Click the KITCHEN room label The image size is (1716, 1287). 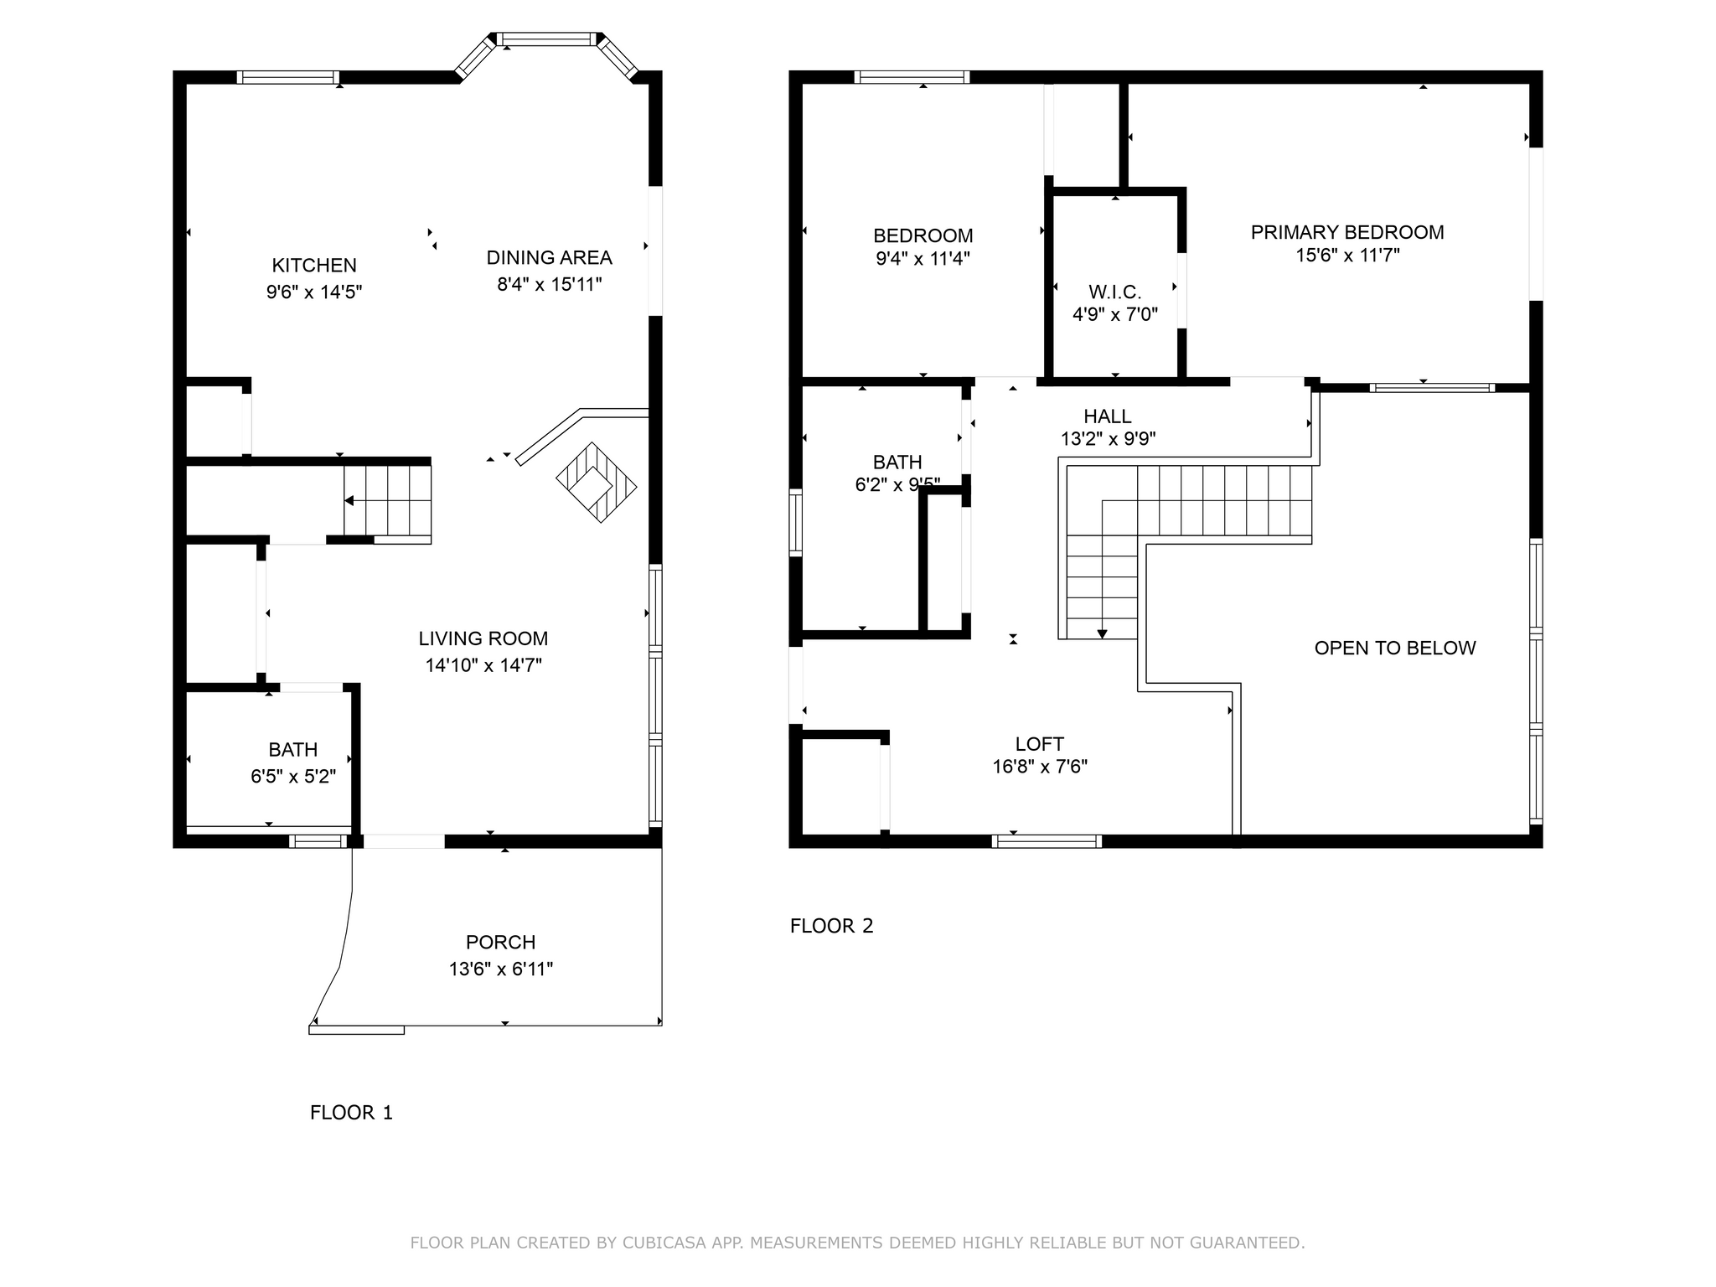[x=314, y=266]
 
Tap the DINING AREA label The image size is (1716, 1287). [x=549, y=257]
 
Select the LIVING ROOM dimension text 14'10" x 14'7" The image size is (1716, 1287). [x=483, y=665]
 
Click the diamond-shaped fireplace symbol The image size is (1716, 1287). [x=597, y=483]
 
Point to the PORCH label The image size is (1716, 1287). [x=501, y=943]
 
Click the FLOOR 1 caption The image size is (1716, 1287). [x=351, y=1113]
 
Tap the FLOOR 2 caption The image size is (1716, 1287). [x=832, y=926]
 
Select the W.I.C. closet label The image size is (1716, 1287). [x=1115, y=292]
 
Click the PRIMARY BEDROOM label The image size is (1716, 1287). [x=1347, y=232]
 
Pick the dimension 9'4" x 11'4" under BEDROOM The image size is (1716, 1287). [x=923, y=259]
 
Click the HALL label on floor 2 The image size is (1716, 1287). [x=1108, y=416]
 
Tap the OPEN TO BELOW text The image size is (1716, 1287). [x=1395, y=648]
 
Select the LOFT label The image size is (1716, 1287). [x=1040, y=744]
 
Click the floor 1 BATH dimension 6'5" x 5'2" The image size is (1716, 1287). [x=293, y=777]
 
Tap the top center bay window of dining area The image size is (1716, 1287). [x=549, y=39]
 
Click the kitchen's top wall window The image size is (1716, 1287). [x=288, y=77]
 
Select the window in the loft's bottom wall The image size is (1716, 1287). [x=1047, y=841]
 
